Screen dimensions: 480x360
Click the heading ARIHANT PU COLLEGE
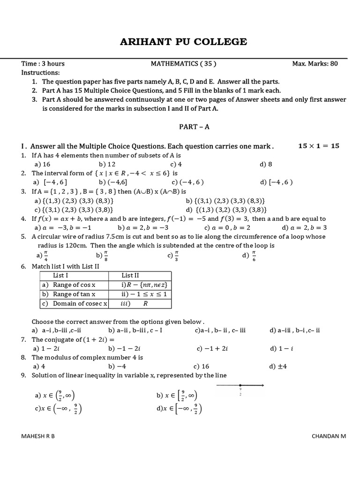184,42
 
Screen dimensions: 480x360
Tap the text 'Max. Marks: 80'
315,64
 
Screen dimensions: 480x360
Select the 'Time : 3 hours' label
43,64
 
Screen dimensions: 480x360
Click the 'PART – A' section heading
194,127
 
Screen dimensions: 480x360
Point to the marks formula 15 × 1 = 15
318,146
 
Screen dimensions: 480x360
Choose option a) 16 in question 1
42,164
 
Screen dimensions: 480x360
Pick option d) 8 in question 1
266,164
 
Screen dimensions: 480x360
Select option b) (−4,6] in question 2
111,182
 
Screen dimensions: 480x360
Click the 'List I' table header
61,276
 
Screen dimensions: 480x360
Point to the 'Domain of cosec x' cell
75,303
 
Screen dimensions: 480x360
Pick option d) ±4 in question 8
278,367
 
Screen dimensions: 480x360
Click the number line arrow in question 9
240,386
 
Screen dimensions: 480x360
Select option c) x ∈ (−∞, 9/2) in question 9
59,409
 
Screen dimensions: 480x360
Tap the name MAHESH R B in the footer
38,436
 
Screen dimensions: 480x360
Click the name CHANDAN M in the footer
329,436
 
